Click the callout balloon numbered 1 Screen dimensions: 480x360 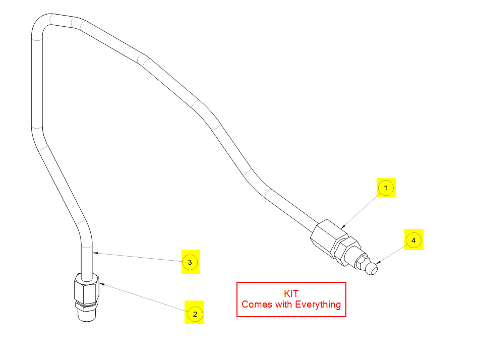click(x=386, y=188)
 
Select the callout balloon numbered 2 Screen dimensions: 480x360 click(x=195, y=314)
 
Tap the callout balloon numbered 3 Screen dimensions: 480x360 click(x=190, y=262)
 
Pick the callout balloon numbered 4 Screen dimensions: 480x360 click(x=413, y=240)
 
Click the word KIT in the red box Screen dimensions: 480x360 click(x=291, y=293)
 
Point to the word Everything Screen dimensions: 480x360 click(x=318, y=305)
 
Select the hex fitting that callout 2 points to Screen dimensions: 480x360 click(x=87, y=288)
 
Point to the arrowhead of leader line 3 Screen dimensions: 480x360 click(x=95, y=253)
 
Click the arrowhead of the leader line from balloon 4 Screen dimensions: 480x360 click(x=378, y=262)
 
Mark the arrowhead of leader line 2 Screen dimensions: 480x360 click(x=102, y=284)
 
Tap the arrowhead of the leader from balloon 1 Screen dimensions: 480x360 click(x=343, y=227)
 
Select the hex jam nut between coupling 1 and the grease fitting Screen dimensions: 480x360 click(x=347, y=251)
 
